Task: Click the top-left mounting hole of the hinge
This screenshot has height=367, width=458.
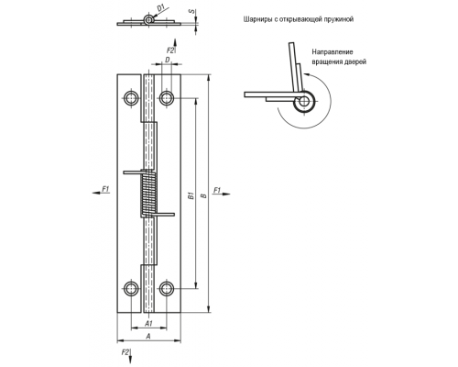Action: click(131, 98)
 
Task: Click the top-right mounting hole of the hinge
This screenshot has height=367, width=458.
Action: click(167, 98)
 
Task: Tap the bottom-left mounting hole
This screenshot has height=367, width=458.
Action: click(131, 288)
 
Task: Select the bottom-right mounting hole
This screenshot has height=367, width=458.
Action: click(167, 288)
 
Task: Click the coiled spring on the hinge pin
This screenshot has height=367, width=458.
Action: click(148, 194)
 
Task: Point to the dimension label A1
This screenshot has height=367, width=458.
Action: click(148, 323)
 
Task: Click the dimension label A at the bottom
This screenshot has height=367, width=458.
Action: click(148, 337)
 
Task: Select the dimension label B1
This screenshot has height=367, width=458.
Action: click(191, 195)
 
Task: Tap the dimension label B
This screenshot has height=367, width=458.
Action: click(204, 195)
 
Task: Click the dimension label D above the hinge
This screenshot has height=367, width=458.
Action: click(168, 60)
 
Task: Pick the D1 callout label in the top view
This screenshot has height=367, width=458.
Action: click(161, 8)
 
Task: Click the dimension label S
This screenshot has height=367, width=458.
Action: click(191, 11)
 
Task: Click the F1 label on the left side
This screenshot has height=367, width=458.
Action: click(105, 189)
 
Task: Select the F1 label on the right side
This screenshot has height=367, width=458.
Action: click(217, 190)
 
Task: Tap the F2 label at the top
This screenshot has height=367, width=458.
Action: click(170, 50)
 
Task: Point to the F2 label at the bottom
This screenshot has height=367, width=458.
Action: click(125, 352)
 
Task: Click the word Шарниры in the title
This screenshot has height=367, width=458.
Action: click(256, 19)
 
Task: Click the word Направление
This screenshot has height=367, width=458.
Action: click(333, 52)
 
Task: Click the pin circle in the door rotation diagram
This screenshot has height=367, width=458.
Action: click(303, 101)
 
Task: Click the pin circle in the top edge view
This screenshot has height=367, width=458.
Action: click(148, 19)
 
